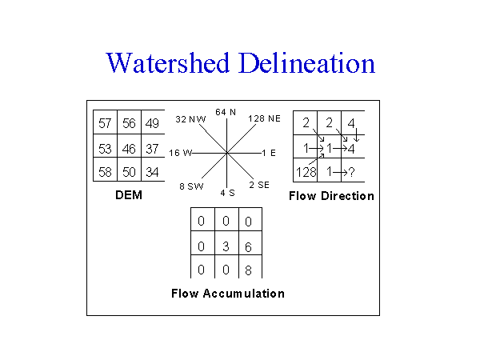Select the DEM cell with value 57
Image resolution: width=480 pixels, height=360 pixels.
(x=105, y=124)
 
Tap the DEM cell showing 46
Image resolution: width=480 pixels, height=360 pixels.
(x=129, y=149)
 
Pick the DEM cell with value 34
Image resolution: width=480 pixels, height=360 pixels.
(x=152, y=173)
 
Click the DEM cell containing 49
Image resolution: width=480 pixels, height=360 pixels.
(x=152, y=124)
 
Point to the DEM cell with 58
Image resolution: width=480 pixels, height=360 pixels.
(x=105, y=173)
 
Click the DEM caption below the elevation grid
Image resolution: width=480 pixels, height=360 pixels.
(x=127, y=194)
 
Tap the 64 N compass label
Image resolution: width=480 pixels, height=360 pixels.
(x=226, y=112)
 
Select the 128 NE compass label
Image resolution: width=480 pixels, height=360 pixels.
(x=265, y=118)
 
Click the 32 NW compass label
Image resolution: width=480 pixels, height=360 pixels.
(x=190, y=118)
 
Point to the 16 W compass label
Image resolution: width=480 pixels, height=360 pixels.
(x=181, y=152)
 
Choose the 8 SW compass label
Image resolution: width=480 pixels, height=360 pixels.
(x=191, y=186)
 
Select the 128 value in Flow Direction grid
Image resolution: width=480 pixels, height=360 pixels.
(x=306, y=172)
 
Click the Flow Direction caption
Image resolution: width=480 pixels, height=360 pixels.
(x=330, y=195)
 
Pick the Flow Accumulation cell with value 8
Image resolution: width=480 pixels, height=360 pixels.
(x=249, y=271)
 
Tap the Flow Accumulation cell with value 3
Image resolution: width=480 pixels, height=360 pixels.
(x=226, y=247)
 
